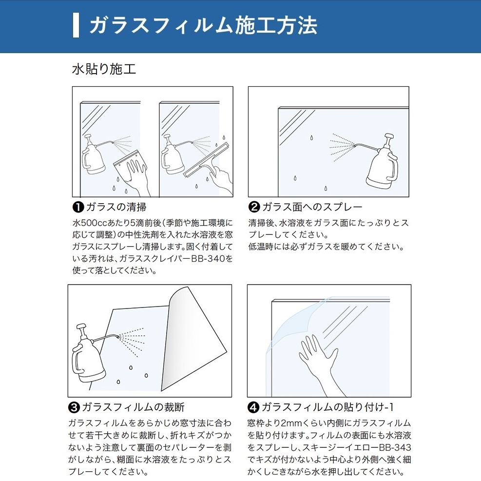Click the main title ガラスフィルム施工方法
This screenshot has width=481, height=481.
tap(203, 25)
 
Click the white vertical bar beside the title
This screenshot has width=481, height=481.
tap(76, 25)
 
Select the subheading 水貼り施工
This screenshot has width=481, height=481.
tap(104, 69)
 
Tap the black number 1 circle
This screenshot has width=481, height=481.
tap(78, 207)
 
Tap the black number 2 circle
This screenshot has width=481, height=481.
tap(254, 207)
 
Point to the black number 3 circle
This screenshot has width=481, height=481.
tap(74, 407)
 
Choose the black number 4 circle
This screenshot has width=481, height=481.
tap(253, 407)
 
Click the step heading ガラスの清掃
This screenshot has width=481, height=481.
tap(116, 207)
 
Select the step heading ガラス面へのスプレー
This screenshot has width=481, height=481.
tap(312, 207)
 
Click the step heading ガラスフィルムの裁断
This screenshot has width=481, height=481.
tap(133, 407)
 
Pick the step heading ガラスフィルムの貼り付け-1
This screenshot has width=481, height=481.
tap(327, 407)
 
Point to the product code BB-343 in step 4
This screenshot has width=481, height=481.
tap(395, 447)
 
